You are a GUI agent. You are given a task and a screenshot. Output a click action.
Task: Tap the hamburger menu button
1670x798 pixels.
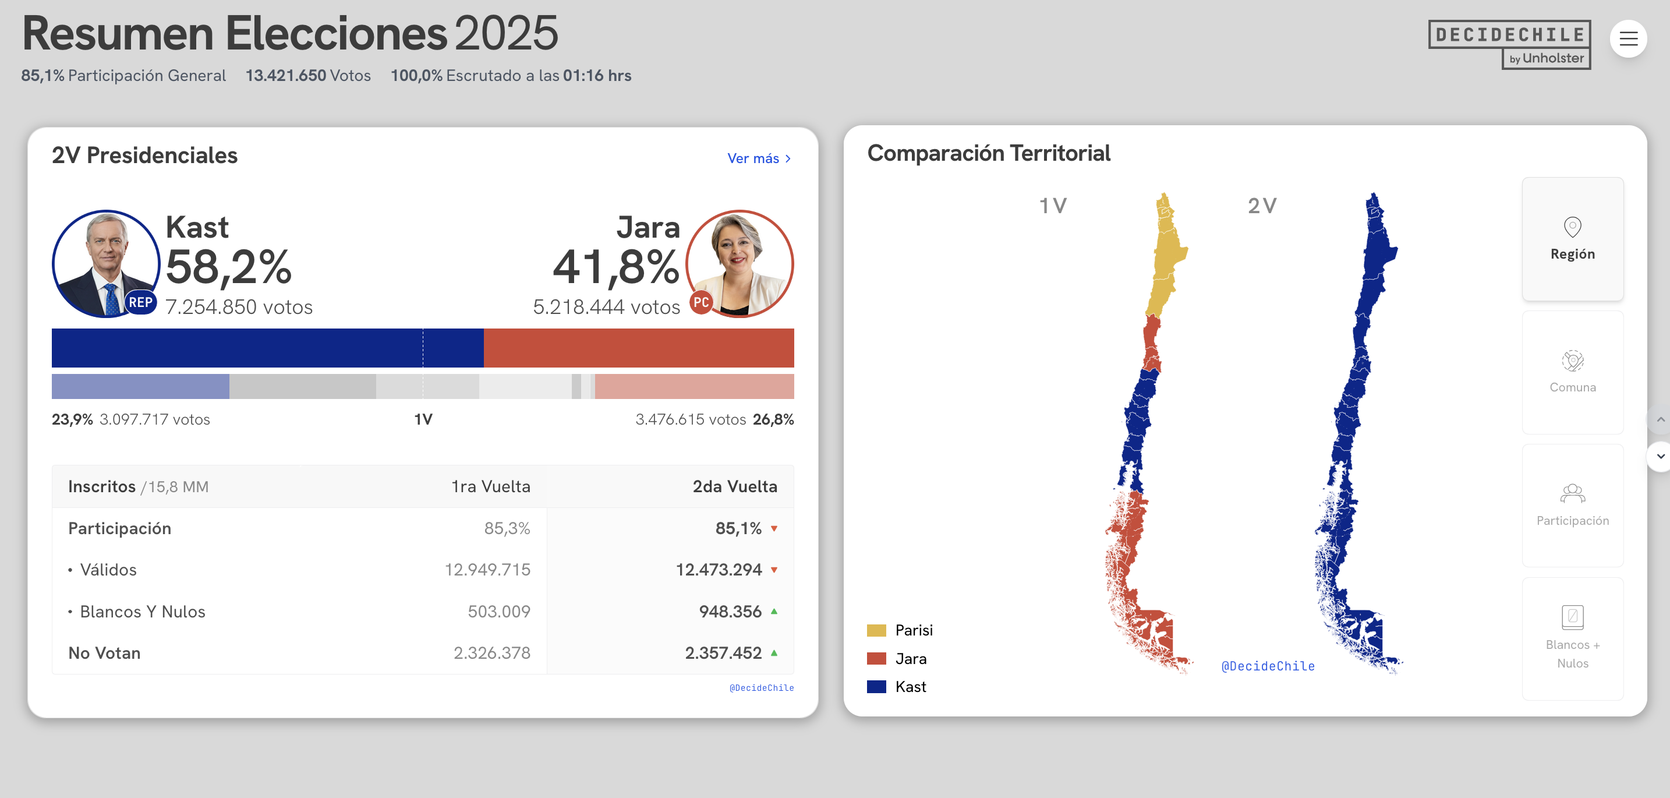coord(1628,39)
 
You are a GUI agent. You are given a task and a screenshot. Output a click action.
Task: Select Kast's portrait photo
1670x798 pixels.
coord(105,263)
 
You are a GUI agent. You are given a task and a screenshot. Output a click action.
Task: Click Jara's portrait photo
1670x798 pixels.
coord(740,263)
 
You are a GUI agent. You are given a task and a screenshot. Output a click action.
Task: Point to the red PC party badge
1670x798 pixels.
coord(701,302)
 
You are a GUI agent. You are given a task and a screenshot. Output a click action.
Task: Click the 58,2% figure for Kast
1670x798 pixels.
coord(228,267)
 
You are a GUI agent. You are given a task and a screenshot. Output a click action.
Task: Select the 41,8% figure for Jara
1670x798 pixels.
coord(615,267)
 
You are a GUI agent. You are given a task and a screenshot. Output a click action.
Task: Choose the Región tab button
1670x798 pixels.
coord(1572,239)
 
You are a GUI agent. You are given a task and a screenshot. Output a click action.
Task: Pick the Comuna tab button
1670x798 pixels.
coord(1572,372)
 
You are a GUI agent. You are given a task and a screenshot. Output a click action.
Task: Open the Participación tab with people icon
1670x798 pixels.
coord(1572,506)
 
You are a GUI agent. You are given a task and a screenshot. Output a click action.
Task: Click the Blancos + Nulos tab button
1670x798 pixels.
coord(1572,638)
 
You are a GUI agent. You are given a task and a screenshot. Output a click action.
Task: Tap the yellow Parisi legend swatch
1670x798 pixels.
coord(876,630)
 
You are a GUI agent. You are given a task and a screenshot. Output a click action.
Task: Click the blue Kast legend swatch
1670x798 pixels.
coord(876,687)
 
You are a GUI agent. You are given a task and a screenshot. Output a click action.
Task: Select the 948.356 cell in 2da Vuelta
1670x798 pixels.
coord(730,611)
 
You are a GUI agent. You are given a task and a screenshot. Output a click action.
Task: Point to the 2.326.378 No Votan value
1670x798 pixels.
coord(491,653)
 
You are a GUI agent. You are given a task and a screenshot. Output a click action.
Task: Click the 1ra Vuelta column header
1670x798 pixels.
coord(490,486)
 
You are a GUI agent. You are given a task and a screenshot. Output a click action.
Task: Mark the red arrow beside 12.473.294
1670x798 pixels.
coord(774,570)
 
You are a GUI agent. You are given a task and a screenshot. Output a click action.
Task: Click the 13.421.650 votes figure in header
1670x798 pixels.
coord(286,76)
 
